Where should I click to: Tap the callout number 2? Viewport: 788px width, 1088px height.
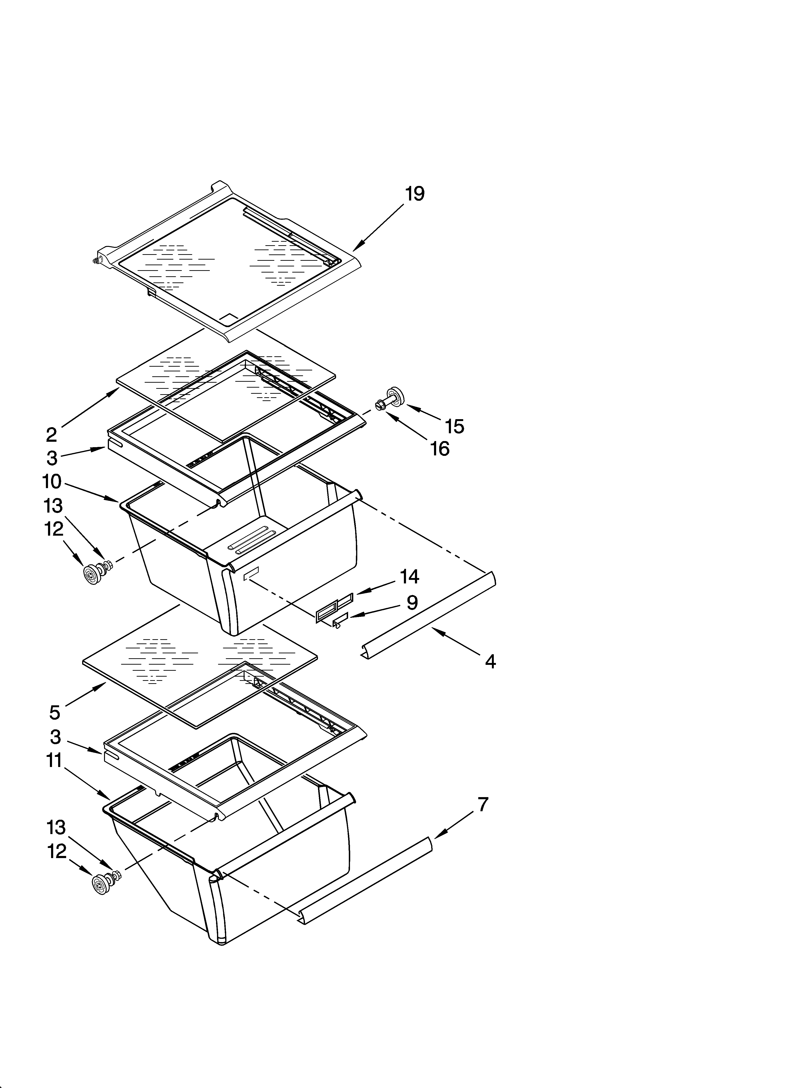[x=51, y=435]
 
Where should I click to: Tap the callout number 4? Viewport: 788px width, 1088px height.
[x=490, y=662]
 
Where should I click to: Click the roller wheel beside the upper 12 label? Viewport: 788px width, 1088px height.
[x=91, y=574]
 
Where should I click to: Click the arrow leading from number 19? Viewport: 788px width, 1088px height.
[x=379, y=226]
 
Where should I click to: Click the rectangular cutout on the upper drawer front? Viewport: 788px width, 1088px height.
[x=250, y=573]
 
